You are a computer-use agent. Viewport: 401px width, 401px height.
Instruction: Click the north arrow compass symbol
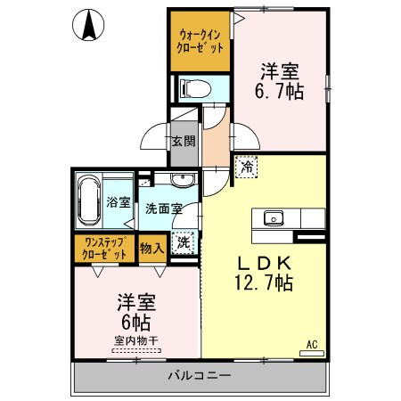[88, 25]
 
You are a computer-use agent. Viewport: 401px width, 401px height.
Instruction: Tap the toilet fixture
[197, 88]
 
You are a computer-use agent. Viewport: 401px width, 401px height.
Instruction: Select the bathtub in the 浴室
[89, 201]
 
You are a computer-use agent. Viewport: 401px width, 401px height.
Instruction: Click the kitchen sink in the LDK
[274, 218]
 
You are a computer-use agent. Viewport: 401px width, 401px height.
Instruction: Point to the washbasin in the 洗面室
[182, 179]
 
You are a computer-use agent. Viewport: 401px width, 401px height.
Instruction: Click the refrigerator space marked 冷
[246, 167]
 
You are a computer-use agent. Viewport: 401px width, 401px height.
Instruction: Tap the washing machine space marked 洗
[184, 242]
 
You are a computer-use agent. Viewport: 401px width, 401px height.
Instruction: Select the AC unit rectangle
[312, 354]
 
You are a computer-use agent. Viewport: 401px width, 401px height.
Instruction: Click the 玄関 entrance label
[184, 141]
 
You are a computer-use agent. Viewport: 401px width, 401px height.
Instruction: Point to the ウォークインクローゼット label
[200, 42]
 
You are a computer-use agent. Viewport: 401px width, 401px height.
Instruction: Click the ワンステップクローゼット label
[104, 249]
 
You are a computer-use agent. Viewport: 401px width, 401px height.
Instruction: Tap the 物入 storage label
[151, 248]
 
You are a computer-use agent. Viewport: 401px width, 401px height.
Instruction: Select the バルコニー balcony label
[200, 376]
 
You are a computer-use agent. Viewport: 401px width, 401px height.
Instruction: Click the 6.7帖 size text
[279, 91]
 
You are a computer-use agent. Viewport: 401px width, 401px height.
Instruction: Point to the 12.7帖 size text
[264, 282]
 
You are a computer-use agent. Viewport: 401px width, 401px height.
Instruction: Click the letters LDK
[264, 263]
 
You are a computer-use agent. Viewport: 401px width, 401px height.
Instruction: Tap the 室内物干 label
[136, 340]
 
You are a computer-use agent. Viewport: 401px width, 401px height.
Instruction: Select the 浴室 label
[119, 202]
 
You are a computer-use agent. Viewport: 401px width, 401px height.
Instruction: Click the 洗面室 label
[164, 209]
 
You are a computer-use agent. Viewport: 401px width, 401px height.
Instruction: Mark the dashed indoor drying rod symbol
[136, 350]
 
